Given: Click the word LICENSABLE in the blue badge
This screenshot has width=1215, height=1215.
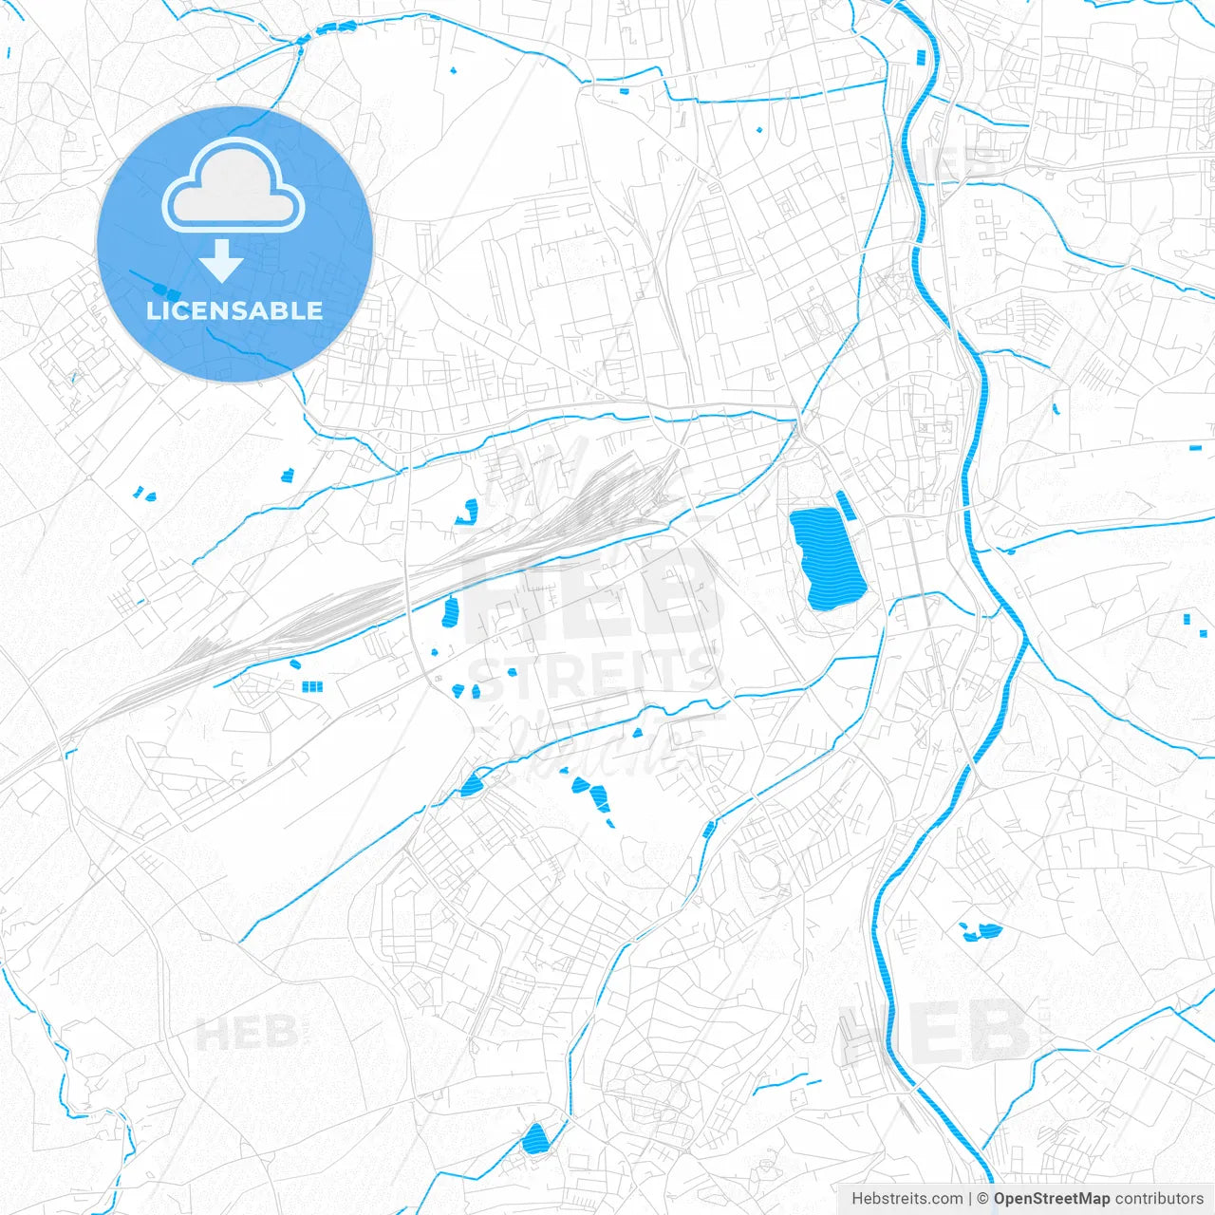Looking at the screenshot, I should point(234,311).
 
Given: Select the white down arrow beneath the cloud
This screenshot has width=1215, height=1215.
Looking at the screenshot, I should point(221,260).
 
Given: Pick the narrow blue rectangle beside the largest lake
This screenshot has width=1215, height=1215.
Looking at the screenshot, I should point(846,506).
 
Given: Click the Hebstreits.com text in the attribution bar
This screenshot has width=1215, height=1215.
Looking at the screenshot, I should point(907,1199).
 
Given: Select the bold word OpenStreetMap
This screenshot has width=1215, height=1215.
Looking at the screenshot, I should point(1052,1199).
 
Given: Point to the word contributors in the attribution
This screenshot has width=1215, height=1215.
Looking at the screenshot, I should point(1159,1199).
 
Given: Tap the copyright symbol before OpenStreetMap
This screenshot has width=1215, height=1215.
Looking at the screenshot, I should point(983,1199).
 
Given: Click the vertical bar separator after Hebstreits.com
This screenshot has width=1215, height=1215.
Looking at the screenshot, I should point(970,1199).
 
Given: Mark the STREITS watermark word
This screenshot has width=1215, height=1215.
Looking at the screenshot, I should point(593,676).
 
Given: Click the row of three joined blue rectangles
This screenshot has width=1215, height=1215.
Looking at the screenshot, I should point(312,686).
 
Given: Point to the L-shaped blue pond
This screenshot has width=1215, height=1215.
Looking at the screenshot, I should point(468,513).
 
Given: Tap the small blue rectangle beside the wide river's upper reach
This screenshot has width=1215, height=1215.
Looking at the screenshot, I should point(921,57).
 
